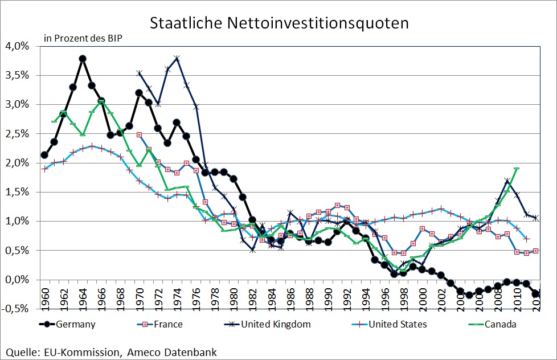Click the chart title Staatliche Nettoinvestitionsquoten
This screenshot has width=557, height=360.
click(279, 23)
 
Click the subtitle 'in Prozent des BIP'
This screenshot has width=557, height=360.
click(83, 39)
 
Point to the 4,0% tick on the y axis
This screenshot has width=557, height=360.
click(18, 46)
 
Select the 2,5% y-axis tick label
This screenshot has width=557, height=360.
click(18, 134)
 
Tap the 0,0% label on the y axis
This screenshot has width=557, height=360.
click(18, 280)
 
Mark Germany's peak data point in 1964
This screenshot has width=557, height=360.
click(83, 58)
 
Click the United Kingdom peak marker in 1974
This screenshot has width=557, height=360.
click(177, 58)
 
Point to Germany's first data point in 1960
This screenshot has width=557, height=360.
click(44, 155)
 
